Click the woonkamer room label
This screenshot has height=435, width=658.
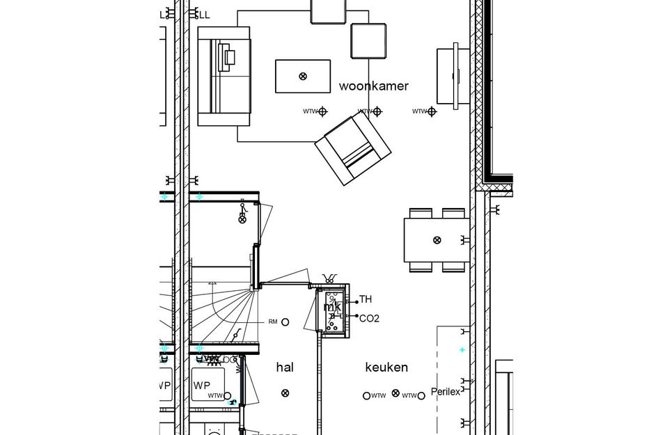point(373,86)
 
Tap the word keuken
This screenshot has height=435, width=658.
point(386,367)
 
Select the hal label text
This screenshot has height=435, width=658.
point(285,367)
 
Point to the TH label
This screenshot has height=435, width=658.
point(366,300)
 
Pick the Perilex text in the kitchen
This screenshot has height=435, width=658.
point(446,392)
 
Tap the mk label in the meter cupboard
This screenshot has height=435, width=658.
point(332,306)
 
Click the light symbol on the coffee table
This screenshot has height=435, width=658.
point(303,76)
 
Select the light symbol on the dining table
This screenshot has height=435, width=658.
point(437,240)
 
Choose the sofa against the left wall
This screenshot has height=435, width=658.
point(223,76)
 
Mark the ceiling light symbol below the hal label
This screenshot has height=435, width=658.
point(285,393)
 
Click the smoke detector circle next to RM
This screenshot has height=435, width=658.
point(285,322)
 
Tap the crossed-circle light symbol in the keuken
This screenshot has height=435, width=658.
point(396,394)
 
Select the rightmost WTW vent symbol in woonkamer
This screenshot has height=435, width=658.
point(432,111)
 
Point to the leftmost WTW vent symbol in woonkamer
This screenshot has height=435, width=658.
point(322,111)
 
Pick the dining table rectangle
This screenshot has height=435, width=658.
point(435,240)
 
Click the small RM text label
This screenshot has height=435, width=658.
point(273,322)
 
